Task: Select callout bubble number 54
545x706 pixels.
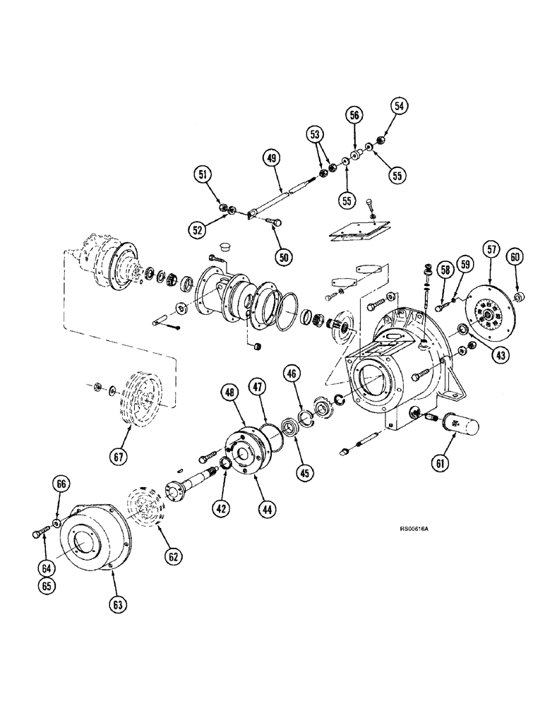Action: pos(400,107)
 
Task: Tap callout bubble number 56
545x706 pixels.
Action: pos(354,114)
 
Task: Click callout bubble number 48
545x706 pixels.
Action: pos(228,392)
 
